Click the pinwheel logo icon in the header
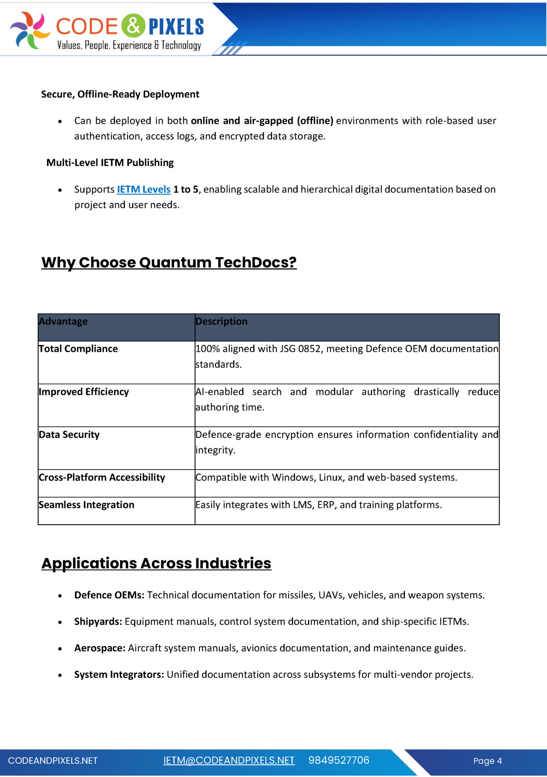pos(30,30)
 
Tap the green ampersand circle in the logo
pos(133,25)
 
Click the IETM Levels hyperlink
pos(143,189)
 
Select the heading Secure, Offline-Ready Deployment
pos(120,94)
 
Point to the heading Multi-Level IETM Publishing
pos(110,162)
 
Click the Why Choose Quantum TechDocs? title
pos(169,262)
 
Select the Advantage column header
pos(63,321)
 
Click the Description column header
pos(221,321)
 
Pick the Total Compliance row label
pos(78,349)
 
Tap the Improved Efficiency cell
pos(84,392)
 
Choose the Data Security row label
pos(69,434)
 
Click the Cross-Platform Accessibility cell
pos(102,477)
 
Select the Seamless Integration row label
pos(87,505)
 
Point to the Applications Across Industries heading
pos(156,563)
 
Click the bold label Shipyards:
pos(98,621)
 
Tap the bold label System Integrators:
pos(119,674)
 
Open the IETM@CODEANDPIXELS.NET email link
pos(229,761)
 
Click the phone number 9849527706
pos(339,761)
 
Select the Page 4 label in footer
pos(487,761)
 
